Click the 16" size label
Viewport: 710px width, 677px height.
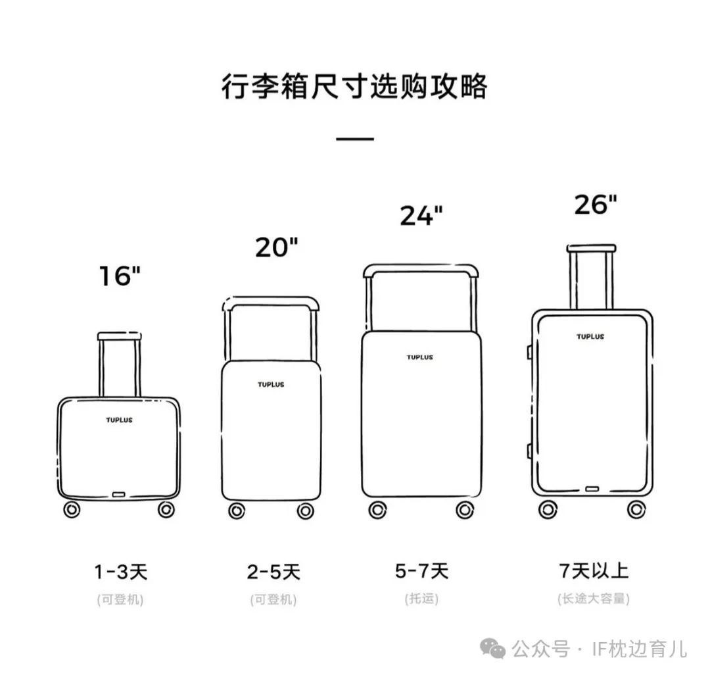click(120, 276)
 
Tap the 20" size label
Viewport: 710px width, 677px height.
click(277, 247)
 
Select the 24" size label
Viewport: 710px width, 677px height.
click(421, 215)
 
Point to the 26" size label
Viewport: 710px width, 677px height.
click(596, 205)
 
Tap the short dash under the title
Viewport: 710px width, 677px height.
click(355, 139)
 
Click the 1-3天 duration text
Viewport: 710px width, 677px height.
click(121, 572)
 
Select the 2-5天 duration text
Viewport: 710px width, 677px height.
click(273, 572)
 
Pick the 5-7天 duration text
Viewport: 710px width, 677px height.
click(421, 570)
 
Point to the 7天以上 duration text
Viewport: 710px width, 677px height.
click(594, 570)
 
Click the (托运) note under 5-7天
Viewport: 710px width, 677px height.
click(421, 599)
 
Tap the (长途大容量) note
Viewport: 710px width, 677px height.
click(594, 599)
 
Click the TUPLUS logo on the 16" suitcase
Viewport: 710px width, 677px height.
click(120, 420)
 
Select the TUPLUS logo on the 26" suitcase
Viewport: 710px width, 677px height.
click(590, 337)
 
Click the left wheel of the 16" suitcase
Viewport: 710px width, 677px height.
click(72, 510)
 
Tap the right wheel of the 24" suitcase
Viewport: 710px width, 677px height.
click(465, 511)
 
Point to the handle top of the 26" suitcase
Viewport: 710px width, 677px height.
click(592, 248)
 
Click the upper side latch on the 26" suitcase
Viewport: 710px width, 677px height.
click(529, 352)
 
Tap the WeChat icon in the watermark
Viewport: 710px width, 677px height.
click(492, 648)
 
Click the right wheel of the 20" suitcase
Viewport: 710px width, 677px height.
click(306, 511)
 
